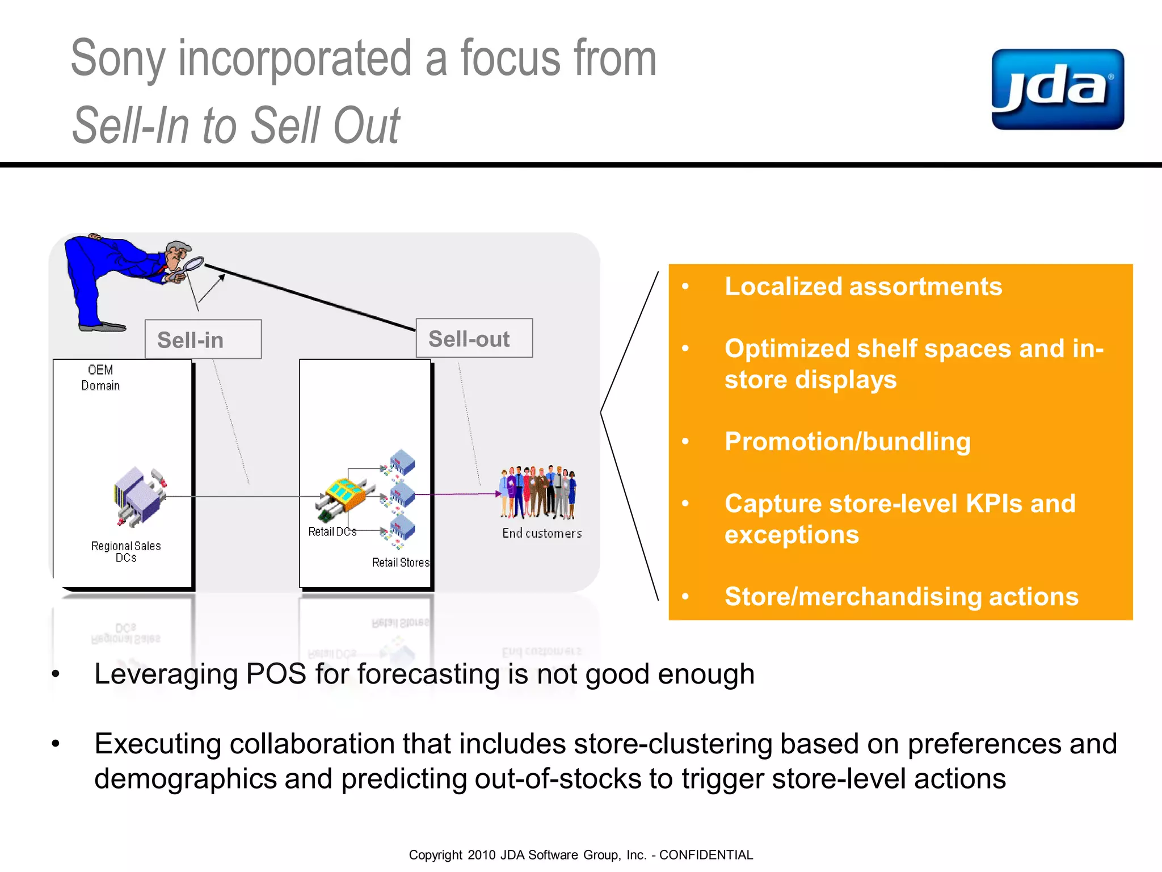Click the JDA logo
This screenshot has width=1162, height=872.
(x=1057, y=89)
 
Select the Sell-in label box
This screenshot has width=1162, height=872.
(x=203, y=339)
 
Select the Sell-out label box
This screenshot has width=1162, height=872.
(x=474, y=338)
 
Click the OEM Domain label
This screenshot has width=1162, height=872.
(x=100, y=378)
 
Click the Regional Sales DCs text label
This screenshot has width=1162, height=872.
(x=126, y=551)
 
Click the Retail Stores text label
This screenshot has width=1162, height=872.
(x=401, y=562)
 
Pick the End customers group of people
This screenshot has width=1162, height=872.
(x=537, y=492)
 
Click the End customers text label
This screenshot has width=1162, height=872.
(x=542, y=533)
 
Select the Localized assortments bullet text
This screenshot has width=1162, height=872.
(x=863, y=286)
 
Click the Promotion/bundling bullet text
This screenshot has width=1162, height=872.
(x=847, y=441)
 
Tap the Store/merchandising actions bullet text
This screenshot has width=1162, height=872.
(x=901, y=596)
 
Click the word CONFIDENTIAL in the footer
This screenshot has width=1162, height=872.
(x=706, y=855)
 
